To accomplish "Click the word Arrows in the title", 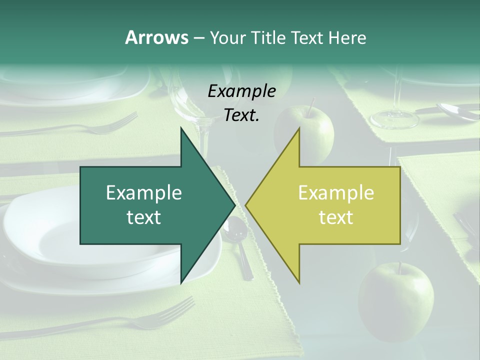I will pos(156,37).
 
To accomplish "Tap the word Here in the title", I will pos(347,37).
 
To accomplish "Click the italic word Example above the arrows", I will pos(241,91).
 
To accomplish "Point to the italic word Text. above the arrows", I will pos(241,115).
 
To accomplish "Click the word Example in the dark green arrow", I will pos(144,192).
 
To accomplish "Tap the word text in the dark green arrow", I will pos(144,217).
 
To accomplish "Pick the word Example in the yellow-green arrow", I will pos(336,192).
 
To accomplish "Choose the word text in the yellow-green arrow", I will pos(336,217).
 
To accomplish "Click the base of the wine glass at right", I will pos(394,119).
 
